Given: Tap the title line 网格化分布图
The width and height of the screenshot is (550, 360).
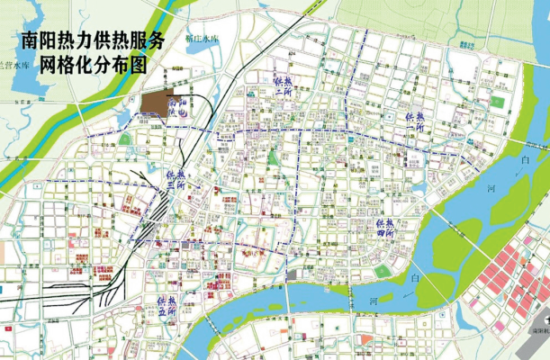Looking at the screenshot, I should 98,66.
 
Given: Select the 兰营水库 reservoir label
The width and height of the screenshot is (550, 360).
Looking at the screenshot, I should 15,66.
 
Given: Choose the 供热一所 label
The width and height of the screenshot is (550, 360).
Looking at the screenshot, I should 281,91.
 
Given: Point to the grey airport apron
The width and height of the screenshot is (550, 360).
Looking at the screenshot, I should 531,346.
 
